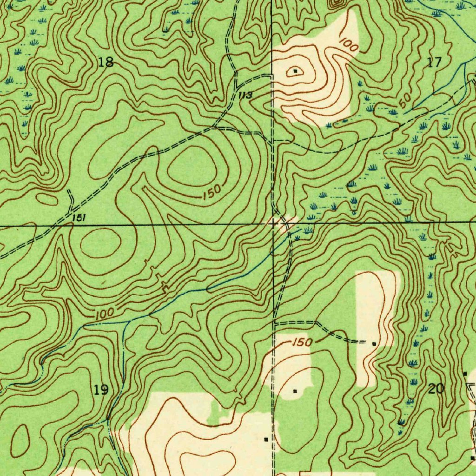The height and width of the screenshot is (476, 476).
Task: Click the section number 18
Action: tap(106, 62)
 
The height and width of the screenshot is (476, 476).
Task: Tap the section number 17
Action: tap(434, 62)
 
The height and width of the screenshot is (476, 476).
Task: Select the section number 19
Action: tap(101, 390)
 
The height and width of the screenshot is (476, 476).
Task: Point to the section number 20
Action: tap(436, 389)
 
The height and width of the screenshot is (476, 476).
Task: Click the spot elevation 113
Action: tap(245, 96)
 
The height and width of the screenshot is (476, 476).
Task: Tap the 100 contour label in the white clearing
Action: tap(348, 45)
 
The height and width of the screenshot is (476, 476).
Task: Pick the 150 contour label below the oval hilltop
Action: tap(212, 192)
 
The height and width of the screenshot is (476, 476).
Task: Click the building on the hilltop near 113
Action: tap(296, 71)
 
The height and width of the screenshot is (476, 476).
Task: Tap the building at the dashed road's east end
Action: tap(374, 344)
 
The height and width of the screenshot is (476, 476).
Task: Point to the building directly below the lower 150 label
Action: tap(295, 391)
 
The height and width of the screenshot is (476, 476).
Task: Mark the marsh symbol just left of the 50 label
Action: tap(392, 112)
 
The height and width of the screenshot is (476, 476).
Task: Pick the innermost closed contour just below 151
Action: tap(100, 242)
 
